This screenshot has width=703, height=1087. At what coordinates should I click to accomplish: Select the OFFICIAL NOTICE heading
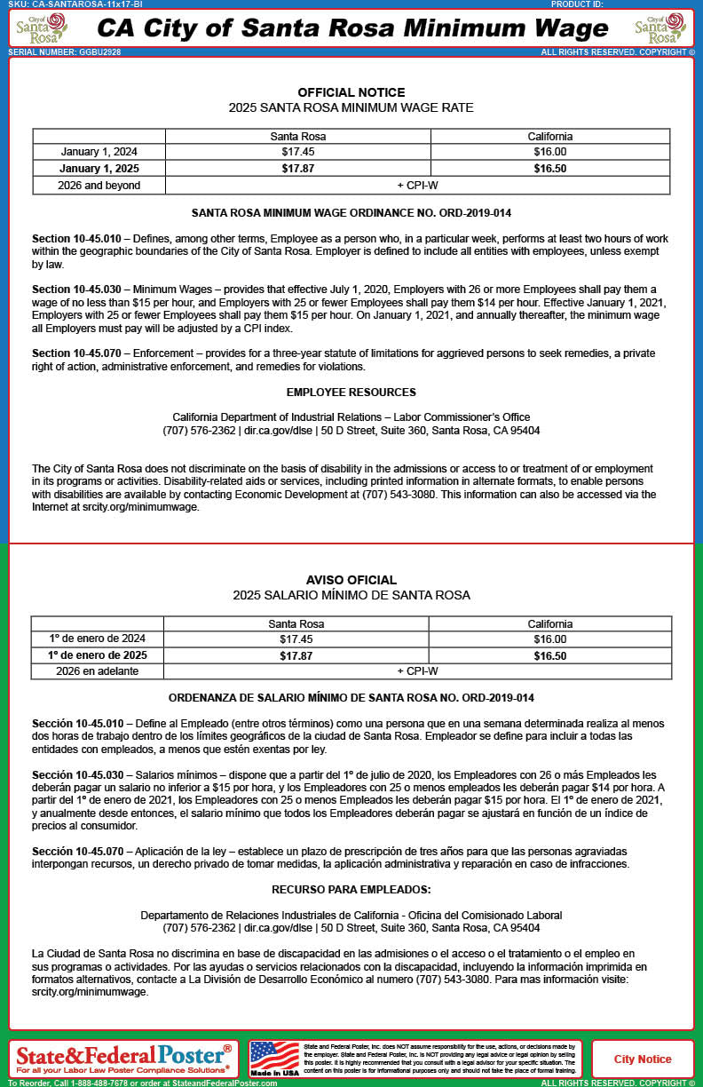pyautogui.click(x=351, y=92)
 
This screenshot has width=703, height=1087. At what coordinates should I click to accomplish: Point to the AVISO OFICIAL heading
pyautogui.click(x=351, y=580)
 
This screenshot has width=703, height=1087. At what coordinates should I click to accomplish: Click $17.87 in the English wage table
pyautogui.click(x=297, y=168)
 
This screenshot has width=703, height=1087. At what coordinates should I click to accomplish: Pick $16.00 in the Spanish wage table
pyautogui.click(x=549, y=639)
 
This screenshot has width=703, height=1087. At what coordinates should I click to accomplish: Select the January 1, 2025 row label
pyautogui.click(x=99, y=168)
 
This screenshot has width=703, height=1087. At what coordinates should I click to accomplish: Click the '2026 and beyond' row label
pyautogui.click(x=99, y=186)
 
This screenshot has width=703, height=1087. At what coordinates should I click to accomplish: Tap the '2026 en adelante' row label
pyautogui.click(x=97, y=671)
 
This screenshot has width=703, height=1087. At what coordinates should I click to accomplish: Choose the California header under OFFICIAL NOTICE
pyautogui.click(x=549, y=136)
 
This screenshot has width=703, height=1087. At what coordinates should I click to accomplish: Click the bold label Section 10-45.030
pyautogui.click(x=77, y=290)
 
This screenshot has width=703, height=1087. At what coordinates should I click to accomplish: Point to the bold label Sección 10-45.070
pyautogui.click(x=77, y=852)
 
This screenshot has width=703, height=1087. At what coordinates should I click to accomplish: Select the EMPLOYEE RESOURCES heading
pyautogui.click(x=351, y=393)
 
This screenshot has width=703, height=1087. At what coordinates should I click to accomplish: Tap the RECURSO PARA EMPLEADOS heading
pyautogui.click(x=351, y=889)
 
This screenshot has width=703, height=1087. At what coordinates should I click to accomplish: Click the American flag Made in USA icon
pyautogui.click(x=275, y=1059)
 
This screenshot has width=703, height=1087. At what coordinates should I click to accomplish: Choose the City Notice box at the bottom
pyautogui.click(x=643, y=1059)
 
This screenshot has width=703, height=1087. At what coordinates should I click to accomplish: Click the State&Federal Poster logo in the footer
pyautogui.click(x=124, y=1057)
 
